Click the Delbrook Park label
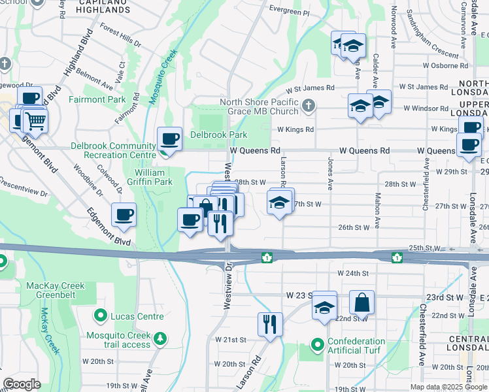point(218,135)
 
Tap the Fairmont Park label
point(97,99)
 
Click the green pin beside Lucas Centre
point(100,316)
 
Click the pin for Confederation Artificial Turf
point(317,344)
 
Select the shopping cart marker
point(35,120)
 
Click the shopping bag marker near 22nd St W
point(362,302)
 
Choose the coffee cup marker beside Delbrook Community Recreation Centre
point(169,139)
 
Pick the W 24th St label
point(353,272)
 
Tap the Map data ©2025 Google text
point(447,387)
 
